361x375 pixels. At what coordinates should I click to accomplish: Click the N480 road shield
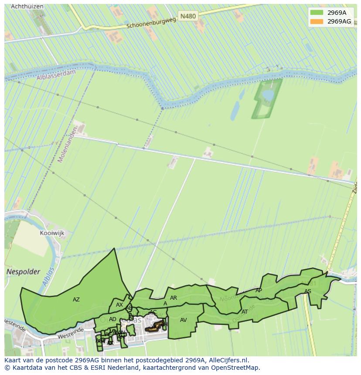click(188, 16)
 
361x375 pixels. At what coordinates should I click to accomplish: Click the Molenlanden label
click(68, 144)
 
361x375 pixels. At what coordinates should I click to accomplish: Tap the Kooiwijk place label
click(52, 233)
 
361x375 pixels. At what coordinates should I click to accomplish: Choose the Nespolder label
click(24, 272)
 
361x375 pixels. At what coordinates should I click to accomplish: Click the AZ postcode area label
click(76, 300)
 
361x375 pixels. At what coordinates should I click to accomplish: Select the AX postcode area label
click(119, 305)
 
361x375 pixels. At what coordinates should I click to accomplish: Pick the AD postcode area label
click(112, 319)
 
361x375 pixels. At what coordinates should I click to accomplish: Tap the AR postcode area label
click(174, 298)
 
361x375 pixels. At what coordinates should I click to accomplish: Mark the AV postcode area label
click(184, 320)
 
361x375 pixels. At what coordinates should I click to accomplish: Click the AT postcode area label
click(245, 312)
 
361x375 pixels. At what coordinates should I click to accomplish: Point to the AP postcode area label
click(259, 291)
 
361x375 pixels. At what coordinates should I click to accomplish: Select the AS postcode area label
click(308, 291)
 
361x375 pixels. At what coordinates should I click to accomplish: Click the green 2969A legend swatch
click(317, 13)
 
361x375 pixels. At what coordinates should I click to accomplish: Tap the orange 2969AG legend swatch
click(317, 21)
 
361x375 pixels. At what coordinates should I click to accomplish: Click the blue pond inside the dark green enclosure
click(268, 95)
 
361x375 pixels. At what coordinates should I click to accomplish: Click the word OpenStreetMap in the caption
click(237, 368)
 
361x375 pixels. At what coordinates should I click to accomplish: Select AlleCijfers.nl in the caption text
click(228, 360)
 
